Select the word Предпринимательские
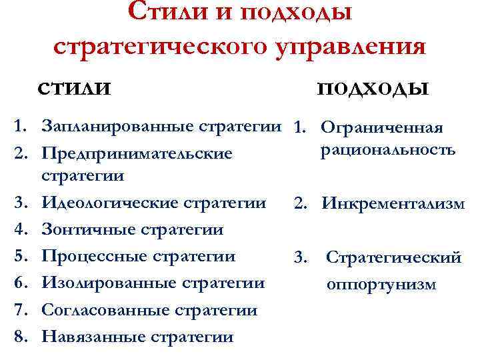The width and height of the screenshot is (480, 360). point(137,153)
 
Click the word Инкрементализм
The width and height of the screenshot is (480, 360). point(393,204)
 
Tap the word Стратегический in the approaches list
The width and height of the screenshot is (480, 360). point(393,258)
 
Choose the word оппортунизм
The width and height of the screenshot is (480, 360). point(381,285)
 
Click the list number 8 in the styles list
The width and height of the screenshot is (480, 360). point(21,336)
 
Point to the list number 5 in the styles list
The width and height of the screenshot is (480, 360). point(21,256)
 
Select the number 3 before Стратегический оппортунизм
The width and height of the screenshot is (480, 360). point(299,256)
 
